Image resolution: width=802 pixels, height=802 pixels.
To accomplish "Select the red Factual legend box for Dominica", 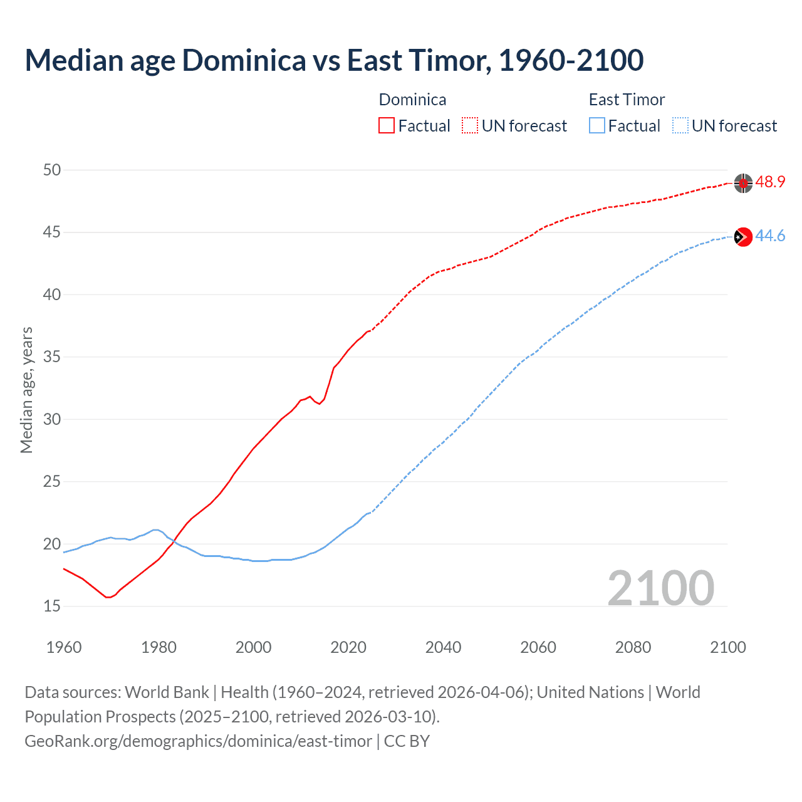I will tap(387, 126).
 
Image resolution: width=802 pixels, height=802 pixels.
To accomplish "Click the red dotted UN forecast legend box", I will tap(470, 126).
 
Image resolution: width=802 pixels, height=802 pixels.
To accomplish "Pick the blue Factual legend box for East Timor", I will tap(597, 126).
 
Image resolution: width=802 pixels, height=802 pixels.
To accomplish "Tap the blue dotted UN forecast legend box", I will tap(680, 126).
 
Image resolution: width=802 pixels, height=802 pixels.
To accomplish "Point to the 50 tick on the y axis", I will tap(52, 170).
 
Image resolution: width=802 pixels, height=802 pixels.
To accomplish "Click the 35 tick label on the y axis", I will tap(52, 357).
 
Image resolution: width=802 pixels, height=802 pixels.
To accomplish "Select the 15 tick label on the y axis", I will tap(52, 606).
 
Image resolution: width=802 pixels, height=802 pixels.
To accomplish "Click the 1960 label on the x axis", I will tap(64, 647).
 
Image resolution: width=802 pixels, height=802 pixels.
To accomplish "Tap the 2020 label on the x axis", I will tap(348, 647).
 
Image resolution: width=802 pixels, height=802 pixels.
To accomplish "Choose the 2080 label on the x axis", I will tap(633, 647).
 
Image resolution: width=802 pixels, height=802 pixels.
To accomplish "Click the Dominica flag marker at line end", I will tap(743, 183).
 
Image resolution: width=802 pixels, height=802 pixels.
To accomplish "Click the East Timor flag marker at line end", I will tap(743, 236).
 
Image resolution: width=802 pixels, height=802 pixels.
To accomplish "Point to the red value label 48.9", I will tap(770, 182).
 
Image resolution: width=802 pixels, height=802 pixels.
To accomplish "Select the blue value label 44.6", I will tap(770, 236).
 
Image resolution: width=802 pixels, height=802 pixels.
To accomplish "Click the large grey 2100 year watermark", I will tap(660, 588).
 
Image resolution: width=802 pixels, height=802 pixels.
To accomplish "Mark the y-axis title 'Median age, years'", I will tap(26, 390).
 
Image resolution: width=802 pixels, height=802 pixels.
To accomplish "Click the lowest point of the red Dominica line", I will tap(108, 597).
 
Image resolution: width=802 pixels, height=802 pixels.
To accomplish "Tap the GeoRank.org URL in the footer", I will tap(198, 741).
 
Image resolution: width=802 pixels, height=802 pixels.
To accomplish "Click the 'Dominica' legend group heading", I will tap(412, 100).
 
